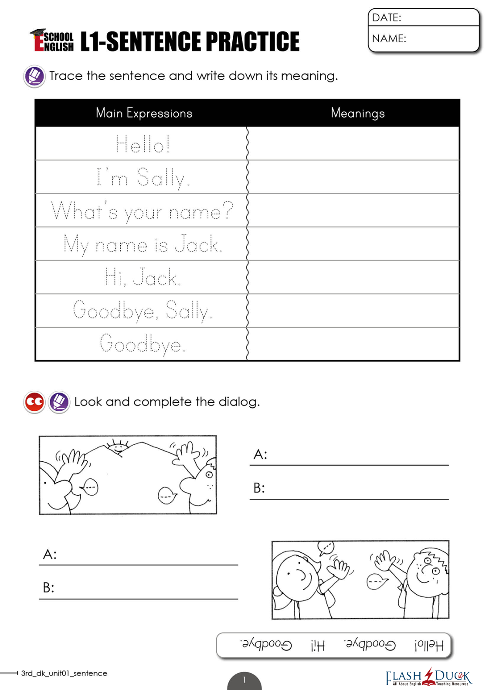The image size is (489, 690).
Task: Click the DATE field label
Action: pyautogui.click(x=387, y=17)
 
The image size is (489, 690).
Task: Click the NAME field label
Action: pyautogui.click(x=389, y=38)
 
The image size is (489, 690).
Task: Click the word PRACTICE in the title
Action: pyautogui.click(x=252, y=42)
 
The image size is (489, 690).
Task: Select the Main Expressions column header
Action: pyautogui.click(x=144, y=113)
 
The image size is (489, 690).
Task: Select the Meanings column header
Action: pyautogui.click(x=357, y=113)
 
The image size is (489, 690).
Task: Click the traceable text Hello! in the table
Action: pyautogui.click(x=143, y=144)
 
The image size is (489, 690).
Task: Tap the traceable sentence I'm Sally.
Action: pyautogui.click(x=143, y=178)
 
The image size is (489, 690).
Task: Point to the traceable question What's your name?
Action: pyautogui.click(x=142, y=211)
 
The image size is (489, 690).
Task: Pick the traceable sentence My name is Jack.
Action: pyautogui.click(x=143, y=245)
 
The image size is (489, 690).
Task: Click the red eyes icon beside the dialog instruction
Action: pyautogui.click(x=34, y=402)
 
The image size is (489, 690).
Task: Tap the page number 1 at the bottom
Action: pyautogui.click(x=244, y=680)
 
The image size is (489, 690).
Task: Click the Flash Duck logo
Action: pyautogui.click(x=428, y=677)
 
